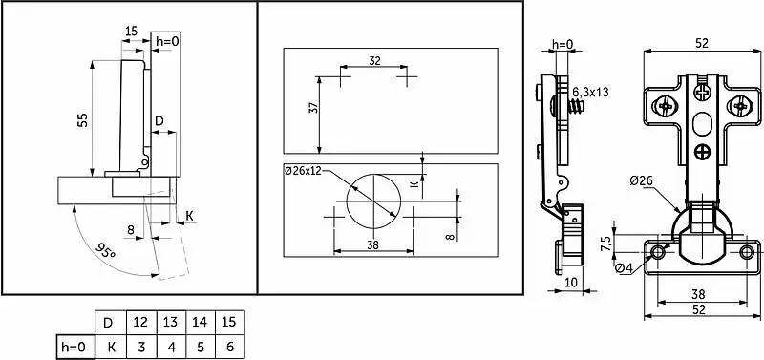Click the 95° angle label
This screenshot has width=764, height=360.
point(105,252)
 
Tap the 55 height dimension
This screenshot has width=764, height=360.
point(83,119)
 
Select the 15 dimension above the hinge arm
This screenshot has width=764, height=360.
point(131,32)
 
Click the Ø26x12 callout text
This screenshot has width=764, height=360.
point(303,171)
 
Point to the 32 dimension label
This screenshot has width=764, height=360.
point(374,61)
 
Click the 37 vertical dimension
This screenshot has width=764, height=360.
point(314,107)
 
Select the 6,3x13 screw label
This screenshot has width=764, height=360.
point(590,92)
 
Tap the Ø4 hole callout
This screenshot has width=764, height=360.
point(624,268)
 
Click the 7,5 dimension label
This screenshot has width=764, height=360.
point(605,244)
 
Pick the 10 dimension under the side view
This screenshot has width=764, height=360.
point(571,282)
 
